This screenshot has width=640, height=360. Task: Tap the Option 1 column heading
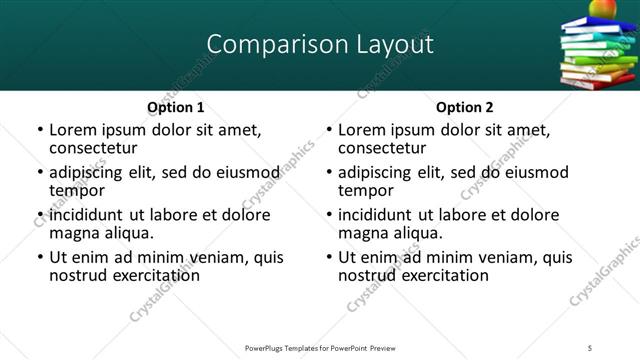pos(176,107)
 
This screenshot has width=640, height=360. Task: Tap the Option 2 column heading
pos(465,107)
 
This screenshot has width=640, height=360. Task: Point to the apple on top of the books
pos(601,10)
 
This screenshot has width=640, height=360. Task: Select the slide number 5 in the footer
pos(618,347)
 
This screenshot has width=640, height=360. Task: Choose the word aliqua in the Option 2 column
pos(418,233)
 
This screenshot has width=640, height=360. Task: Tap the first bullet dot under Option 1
pos(39,131)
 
